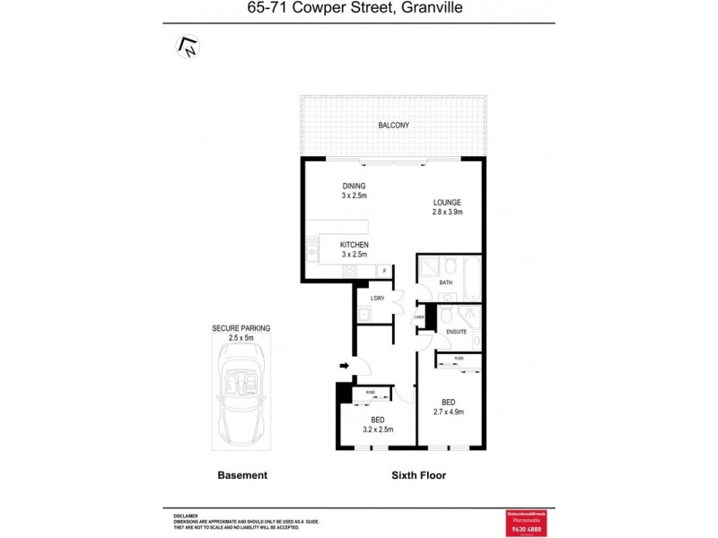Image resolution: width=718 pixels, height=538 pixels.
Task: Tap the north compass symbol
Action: [x=188, y=45]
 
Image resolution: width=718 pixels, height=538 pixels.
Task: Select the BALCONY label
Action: [x=393, y=126]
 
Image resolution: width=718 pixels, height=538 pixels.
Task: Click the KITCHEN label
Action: [x=354, y=245]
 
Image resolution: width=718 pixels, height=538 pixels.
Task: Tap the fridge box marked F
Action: [x=385, y=270]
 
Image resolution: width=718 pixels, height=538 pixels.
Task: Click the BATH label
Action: [x=446, y=283]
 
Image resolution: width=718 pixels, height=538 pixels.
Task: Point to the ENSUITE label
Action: [x=456, y=333]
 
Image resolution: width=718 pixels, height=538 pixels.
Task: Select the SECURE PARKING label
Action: [x=241, y=328]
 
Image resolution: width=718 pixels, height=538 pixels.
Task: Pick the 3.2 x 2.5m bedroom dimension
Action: [x=378, y=430]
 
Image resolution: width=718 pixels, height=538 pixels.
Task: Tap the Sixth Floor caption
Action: [x=418, y=475]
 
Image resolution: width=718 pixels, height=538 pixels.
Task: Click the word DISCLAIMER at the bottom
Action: [x=186, y=516]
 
